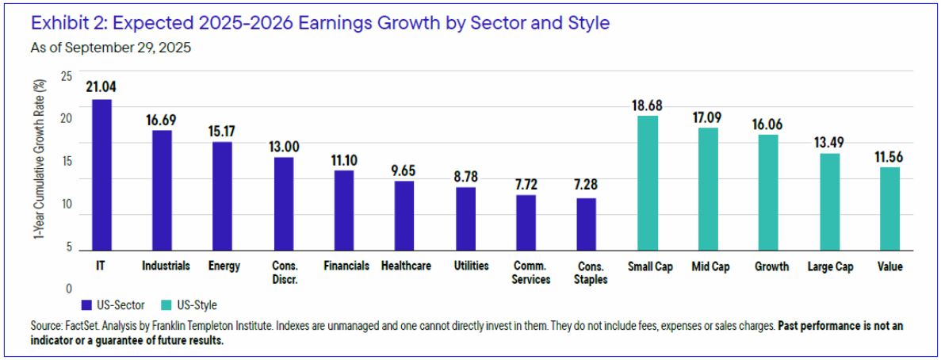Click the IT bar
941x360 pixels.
click(101, 174)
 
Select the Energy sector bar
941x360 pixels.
click(222, 196)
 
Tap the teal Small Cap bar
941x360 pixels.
click(649, 182)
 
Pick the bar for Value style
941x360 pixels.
click(890, 209)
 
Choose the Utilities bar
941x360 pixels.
click(466, 218)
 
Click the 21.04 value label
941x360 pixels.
click(102, 87)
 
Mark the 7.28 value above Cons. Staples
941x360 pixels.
click(586, 186)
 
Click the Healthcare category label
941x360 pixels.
click(406, 266)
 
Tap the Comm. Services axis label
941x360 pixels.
click(526, 273)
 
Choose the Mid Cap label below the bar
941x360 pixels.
click(710, 266)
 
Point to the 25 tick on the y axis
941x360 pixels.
click(66, 76)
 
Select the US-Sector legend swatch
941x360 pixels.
click(86, 304)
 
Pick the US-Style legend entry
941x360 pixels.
click(189, 304)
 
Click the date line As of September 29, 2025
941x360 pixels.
click(110, 48)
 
